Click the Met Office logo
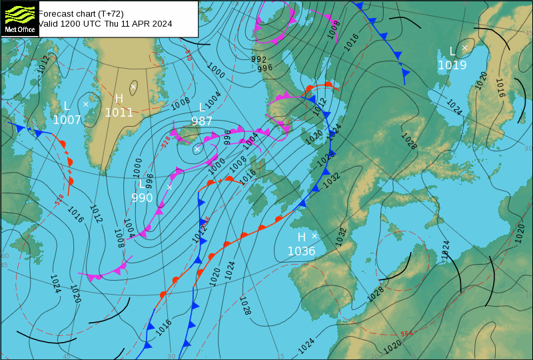point(19,18)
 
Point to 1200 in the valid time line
point(73,24)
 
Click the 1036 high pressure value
point(301,251)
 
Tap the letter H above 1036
point(301,237)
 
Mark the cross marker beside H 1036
point(314,236)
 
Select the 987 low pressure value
point(202,121)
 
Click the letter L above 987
point(203,107)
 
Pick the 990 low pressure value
point(142,198)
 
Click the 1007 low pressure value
point(67,120)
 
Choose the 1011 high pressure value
point(119,113)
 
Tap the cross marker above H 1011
point(133,87)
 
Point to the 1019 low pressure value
point(452,65)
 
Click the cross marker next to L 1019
point(464,47)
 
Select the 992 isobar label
point(259,60)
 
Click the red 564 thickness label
point(406,334)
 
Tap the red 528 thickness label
point(166,142)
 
